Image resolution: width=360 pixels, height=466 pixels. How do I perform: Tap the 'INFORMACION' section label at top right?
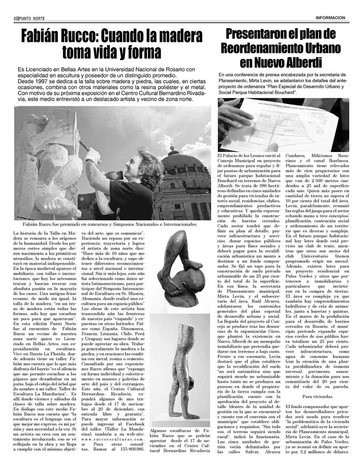coord(330,18)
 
